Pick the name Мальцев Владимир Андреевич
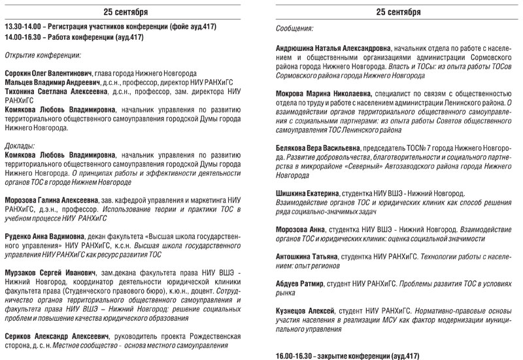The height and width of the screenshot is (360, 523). click(x=52, y=84)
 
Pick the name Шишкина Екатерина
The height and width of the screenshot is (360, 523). click(x=311, y=193)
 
